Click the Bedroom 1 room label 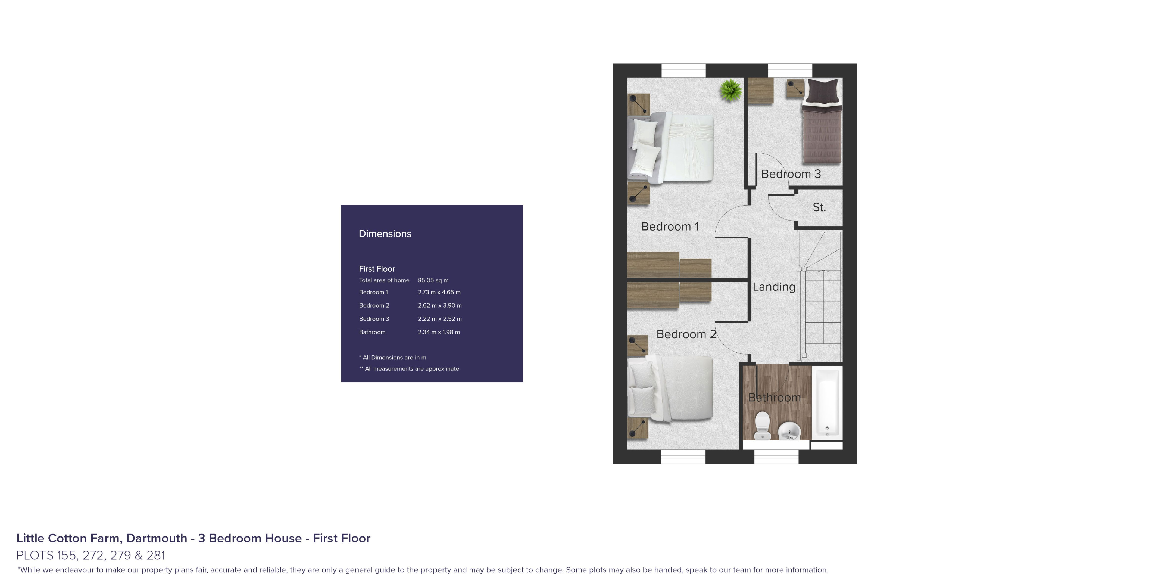[670, 227]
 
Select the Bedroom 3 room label [791, 174]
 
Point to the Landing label [774, 287]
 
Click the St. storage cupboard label [819, 207]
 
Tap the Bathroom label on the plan [774, 398]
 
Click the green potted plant [730, 90]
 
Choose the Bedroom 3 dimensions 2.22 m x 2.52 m [440, 319]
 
